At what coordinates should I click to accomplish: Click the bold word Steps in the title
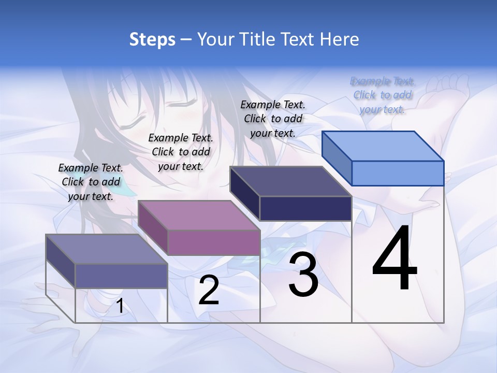[152, 39]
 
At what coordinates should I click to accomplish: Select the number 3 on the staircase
[303, 275]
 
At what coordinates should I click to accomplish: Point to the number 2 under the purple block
[209, 290]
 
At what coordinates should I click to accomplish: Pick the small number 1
[120, 306]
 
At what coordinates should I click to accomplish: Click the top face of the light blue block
[382, 146]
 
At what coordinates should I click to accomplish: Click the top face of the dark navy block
[290, 181]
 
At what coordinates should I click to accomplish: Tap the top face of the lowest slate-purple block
[106, 249]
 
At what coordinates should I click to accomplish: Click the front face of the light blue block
[398, 173]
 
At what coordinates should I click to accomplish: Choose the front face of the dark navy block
[305, 208]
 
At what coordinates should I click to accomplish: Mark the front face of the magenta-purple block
[214, 242]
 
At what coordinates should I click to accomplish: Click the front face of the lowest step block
[121, 276]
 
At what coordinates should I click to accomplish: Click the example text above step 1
[91, 182]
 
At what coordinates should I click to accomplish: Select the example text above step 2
[181, 152]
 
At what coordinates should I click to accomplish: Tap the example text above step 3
[273, 119]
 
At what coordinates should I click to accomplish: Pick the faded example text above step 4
[382, 95]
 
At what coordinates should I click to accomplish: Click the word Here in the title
[340, 39]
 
